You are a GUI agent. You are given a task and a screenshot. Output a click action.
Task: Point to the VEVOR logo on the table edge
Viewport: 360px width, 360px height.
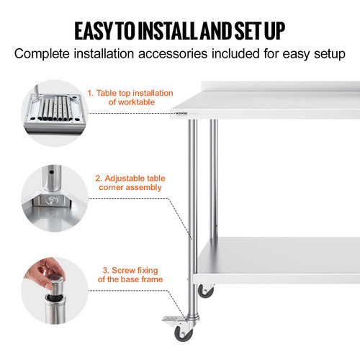point(179,112)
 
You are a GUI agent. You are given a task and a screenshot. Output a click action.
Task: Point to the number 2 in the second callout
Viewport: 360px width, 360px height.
point(98,177)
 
